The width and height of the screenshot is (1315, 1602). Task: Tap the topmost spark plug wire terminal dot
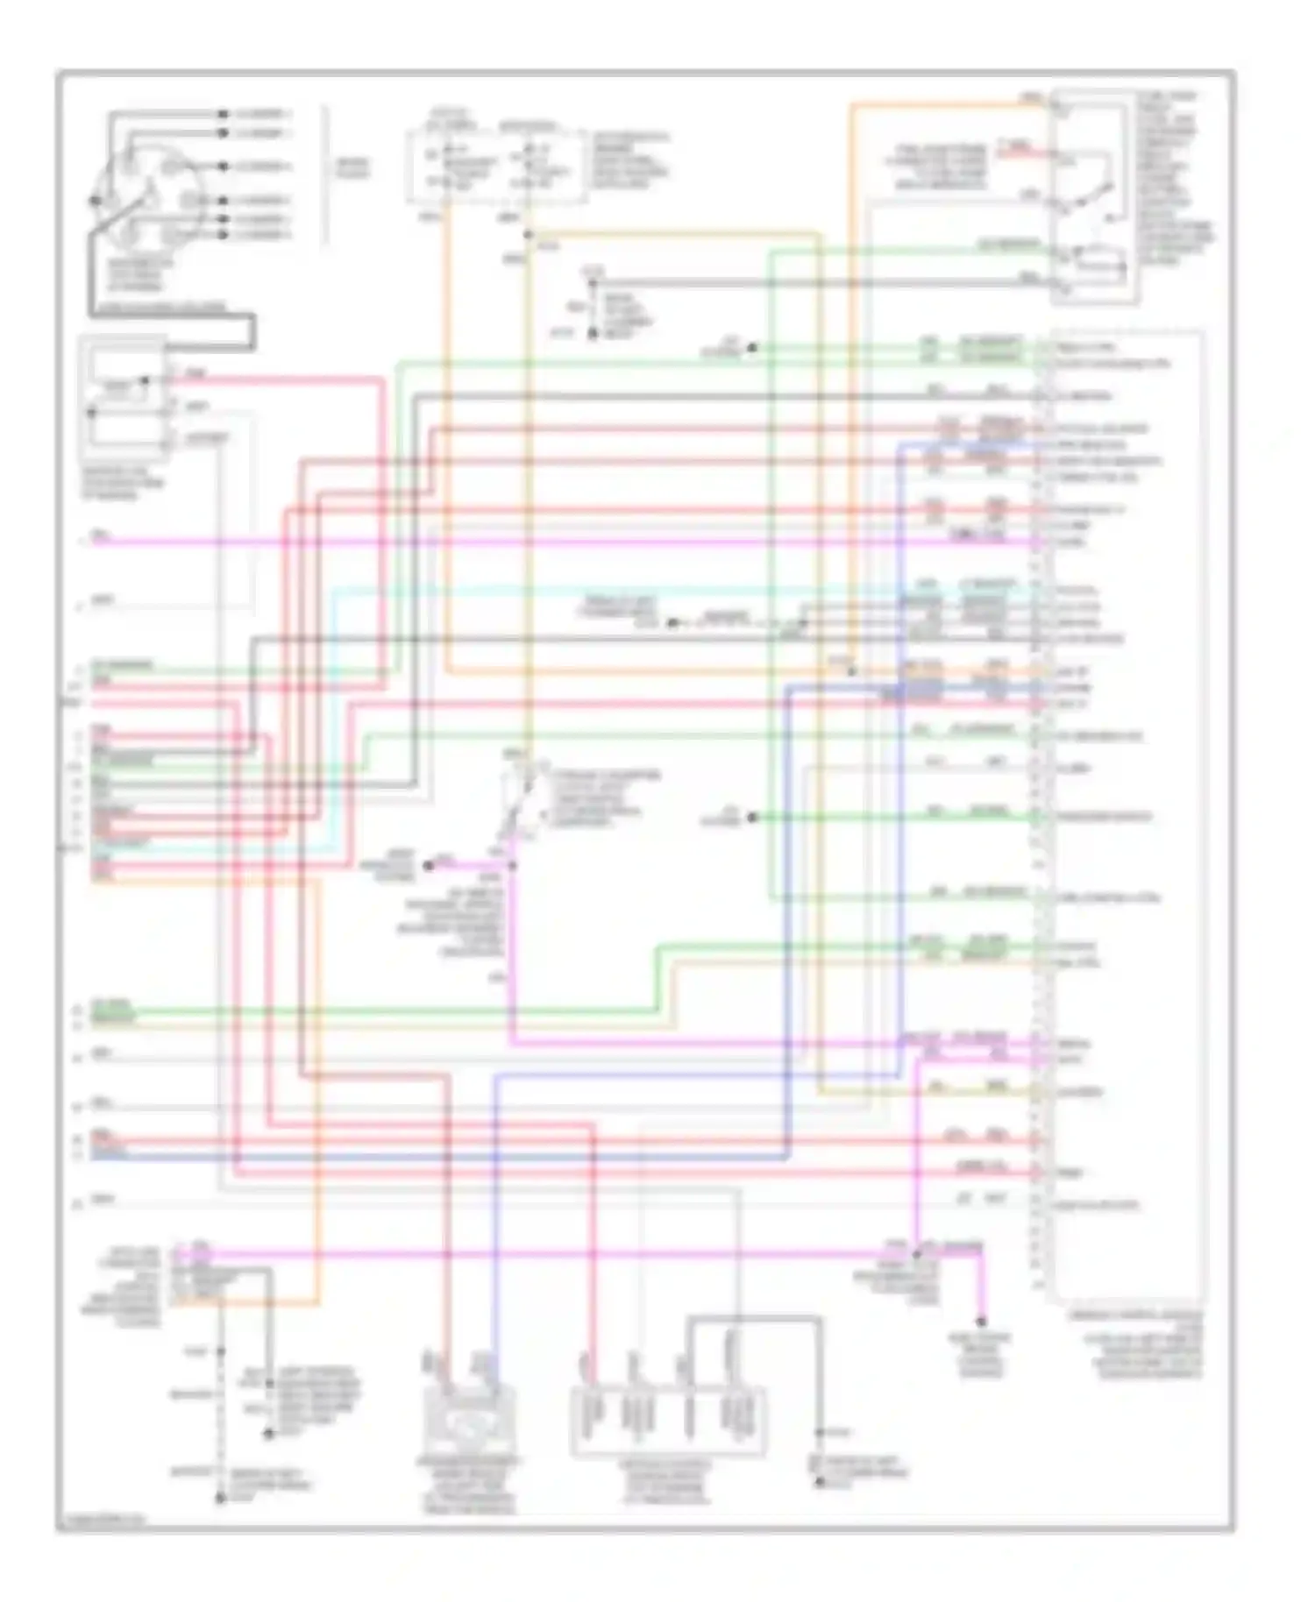coord(223,114)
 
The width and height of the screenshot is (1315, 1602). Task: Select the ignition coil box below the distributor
coord(124,400)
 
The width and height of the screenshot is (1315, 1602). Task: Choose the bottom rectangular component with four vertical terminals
coord(667,1420)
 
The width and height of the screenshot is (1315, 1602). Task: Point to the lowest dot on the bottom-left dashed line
coord(220,1499)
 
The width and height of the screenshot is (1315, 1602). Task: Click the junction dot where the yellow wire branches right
coord(528,235)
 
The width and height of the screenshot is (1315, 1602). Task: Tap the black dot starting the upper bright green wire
coord(751,348)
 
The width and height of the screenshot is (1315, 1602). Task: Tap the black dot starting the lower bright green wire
coord(751,818)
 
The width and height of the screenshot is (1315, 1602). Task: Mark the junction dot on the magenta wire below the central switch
coord(512,866)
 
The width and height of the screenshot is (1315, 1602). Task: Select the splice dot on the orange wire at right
coord(851,671)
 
